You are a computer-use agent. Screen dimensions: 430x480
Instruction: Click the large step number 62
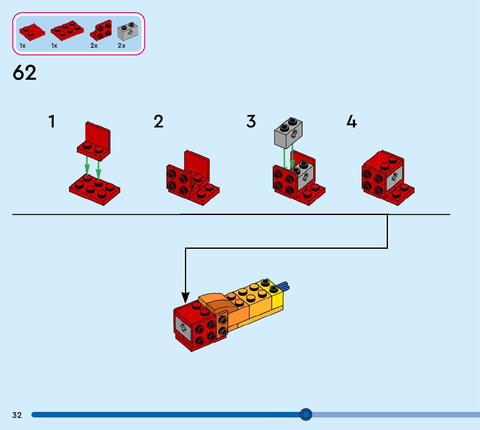click(x=25, y=73)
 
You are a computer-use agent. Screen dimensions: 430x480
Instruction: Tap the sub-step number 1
click(x=52, y=122)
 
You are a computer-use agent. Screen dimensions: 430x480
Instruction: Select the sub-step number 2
click(x=158, y=122)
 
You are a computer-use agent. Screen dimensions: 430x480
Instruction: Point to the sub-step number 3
click(x=251, y=122)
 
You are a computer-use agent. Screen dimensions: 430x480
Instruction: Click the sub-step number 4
click(x=351, y=122)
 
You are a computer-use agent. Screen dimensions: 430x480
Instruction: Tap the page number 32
click(x=17, y=415)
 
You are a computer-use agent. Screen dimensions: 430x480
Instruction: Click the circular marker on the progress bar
click(x=306, y=415)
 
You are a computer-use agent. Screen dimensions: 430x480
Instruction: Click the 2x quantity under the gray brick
click(x=122, y=46)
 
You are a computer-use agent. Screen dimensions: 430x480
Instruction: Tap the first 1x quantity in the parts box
click(x=23, y=46)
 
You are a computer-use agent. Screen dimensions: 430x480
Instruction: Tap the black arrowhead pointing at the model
click(x=185, y=298)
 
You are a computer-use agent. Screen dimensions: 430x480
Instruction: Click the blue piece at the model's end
click(x=284, y=286)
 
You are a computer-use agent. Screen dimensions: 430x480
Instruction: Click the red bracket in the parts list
click(x=101, y=30)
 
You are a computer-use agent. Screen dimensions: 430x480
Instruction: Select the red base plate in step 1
click(x=95, y=189)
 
